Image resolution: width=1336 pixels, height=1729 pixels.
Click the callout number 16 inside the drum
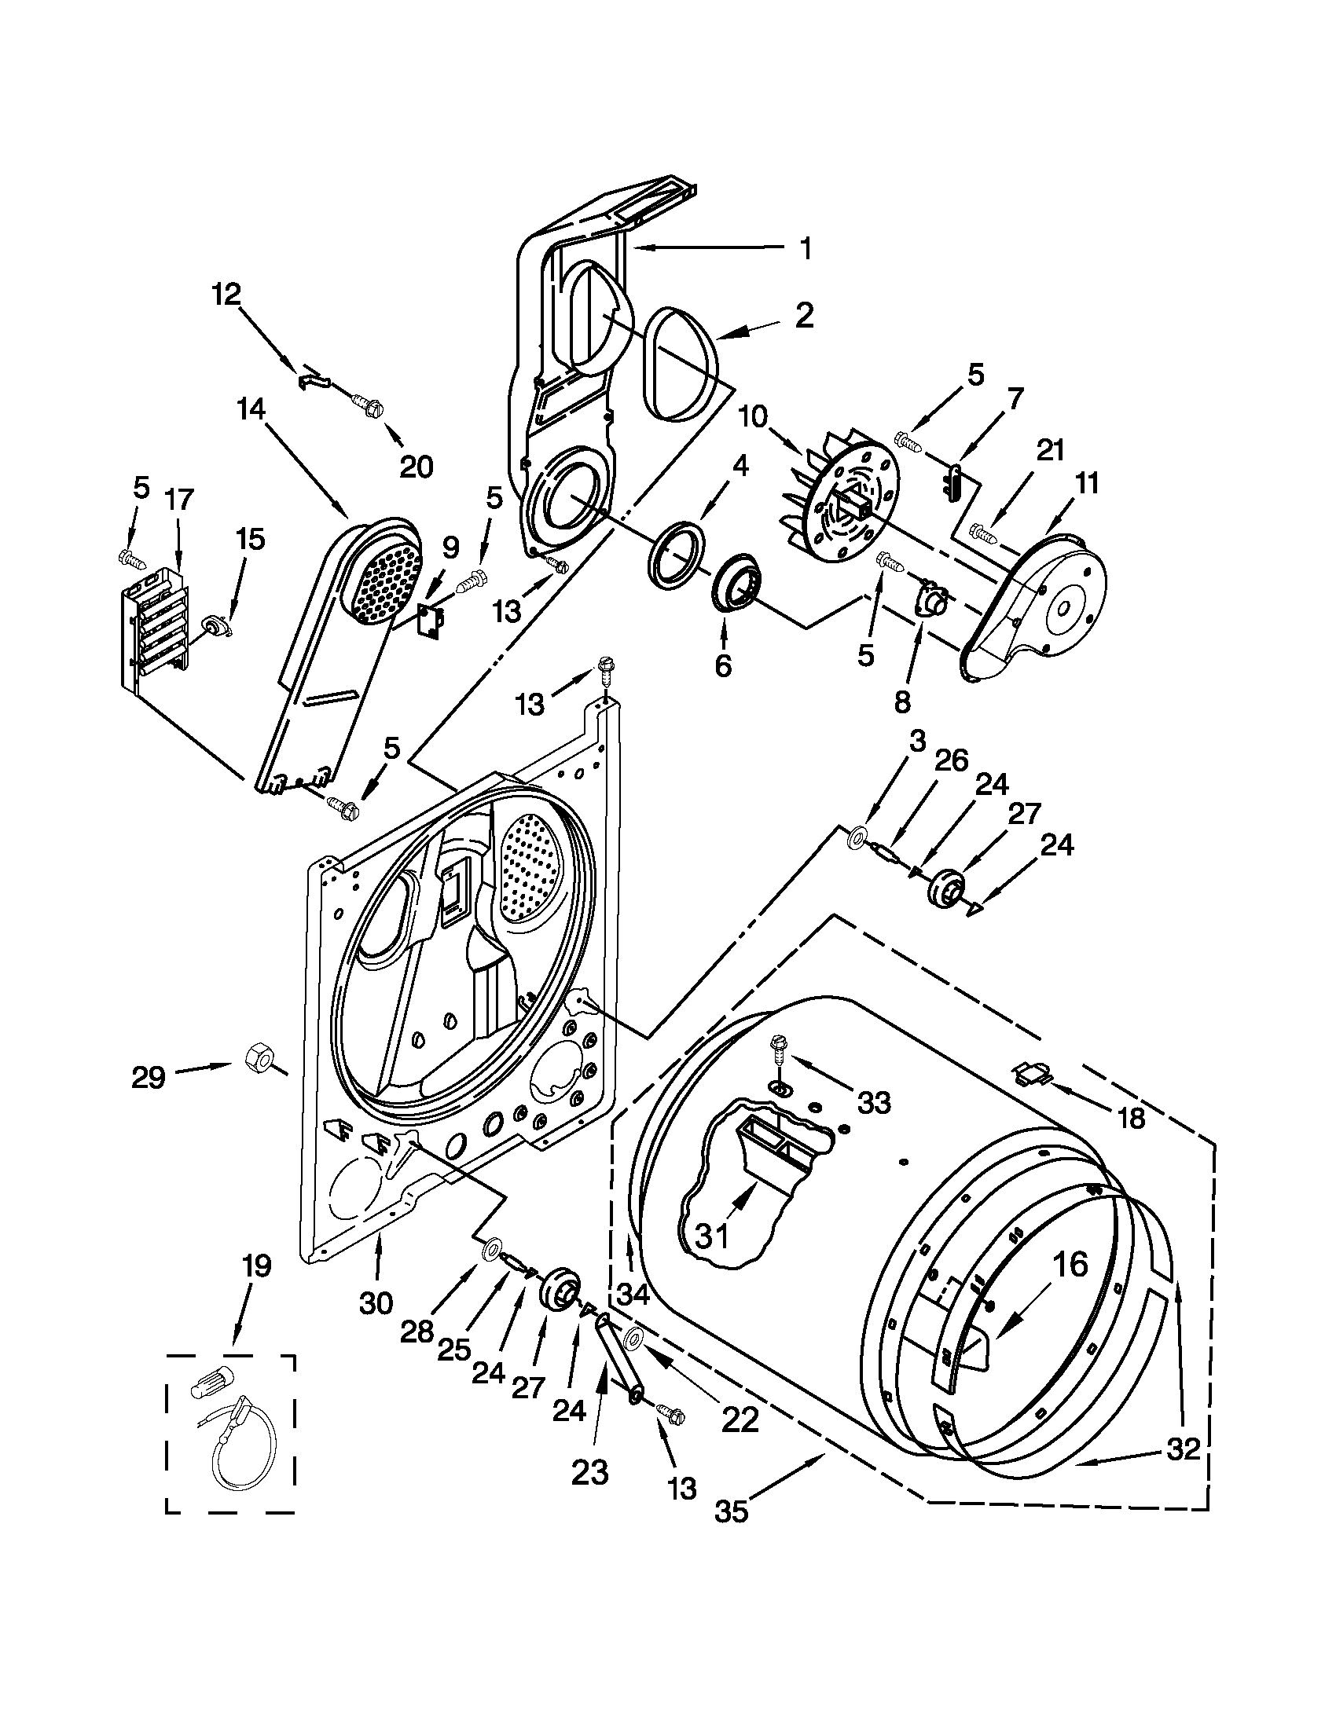pyautogui.click(x=1070, y=1265)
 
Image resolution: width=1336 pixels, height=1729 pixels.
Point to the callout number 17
pyautogui.click(x=179, y=500)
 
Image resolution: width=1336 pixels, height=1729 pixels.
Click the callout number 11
pyautogui.click(x=1088, y=483)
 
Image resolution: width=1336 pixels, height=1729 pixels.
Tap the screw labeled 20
pyautogui.click(x=369, y=407)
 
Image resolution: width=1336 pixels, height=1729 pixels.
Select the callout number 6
pyautogui.click(x=722, y=666)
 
